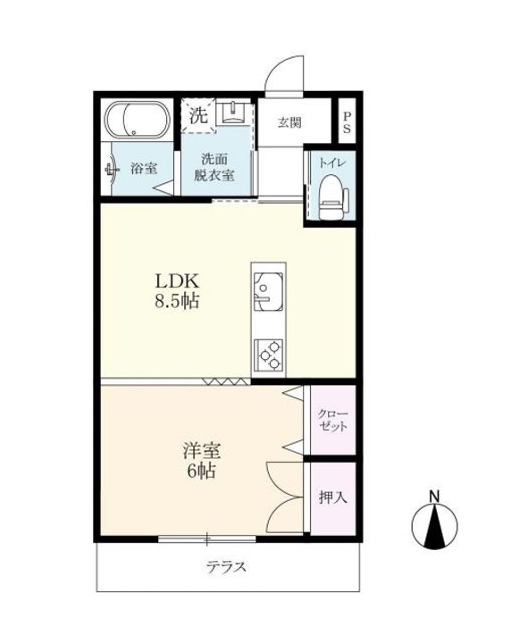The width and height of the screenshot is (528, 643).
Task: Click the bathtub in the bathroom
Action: (137, 120)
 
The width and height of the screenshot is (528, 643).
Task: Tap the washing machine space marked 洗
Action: (198, 115)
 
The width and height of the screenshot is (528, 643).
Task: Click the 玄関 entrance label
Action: (289, 122)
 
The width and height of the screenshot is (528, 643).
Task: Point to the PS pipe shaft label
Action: (347, 122)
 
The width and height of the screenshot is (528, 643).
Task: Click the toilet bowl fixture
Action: (332, 196)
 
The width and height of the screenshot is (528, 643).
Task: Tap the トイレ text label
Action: (332, 163)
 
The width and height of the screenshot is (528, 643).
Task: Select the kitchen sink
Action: (268, 291)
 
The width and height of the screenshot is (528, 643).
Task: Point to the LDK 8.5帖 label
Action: (177, 291)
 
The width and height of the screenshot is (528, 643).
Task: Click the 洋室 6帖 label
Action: (201, 461)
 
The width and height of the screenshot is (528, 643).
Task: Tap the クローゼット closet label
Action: (332, 420)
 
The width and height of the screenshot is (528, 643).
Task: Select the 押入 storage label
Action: (332, 497)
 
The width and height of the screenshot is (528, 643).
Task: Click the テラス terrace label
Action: (226, 567)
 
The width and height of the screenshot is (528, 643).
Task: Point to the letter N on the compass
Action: (434, 497)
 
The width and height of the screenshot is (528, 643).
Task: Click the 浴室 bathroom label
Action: (144, 168)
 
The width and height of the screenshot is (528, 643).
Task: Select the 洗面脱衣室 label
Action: (214, 167)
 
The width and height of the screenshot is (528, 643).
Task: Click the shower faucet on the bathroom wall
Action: (112, 169)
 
